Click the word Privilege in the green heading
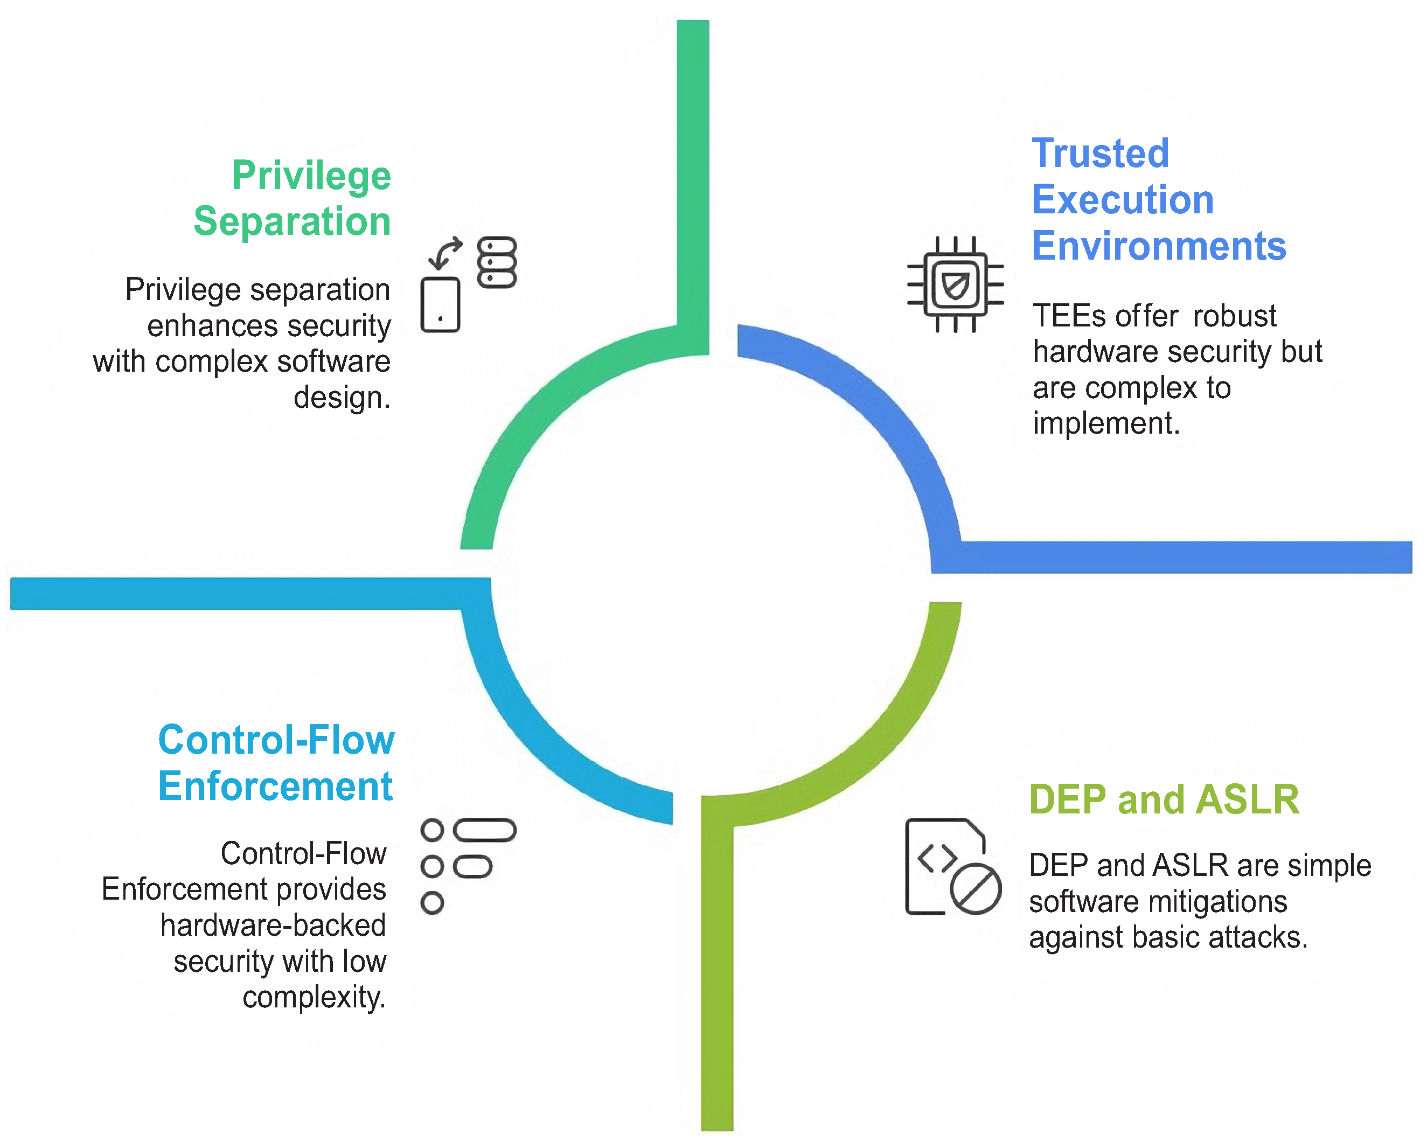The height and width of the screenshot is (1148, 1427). pyautogui.click(x=311, y=177)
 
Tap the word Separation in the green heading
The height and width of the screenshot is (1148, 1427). pyautogui.click(x=292, y=220)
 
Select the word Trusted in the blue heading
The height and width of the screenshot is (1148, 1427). pyautogui.click(x=1100, y=154)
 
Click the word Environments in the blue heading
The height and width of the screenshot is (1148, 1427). pyautogui.click(x=1159, y=246)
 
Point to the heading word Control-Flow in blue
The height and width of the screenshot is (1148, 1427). pyautogui.click(x=277, y=740)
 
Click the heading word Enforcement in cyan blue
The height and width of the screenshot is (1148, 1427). pyautogui.click(x=275, y=786)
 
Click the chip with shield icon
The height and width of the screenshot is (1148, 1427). pyautogui.click(x=955, y=284)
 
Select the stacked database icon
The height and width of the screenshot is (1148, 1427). pyautogui.click(x=497, y=262)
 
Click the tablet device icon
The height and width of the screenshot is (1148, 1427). pyautogui.click(x=440, y=304)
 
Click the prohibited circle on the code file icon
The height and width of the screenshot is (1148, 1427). pyautogui.click(x=976, y=888)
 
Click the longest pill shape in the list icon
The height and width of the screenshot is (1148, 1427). pyautogui.click(x=484, y=830)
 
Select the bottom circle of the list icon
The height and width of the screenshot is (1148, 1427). pyautogui.click(x=432, y=903)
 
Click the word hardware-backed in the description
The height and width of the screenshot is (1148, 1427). pyautogui.click(x=273, y=925)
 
